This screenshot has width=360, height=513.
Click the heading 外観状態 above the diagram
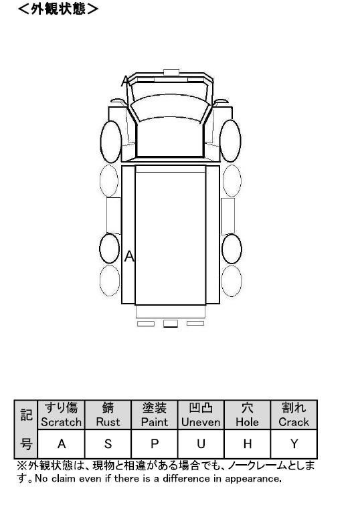tap(58, 9)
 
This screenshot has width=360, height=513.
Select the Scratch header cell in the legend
tap(61, 415)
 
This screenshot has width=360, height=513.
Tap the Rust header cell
tap(108, 415)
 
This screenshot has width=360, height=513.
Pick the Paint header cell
tap(155, 415)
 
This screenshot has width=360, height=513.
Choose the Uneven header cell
tap(201, 415)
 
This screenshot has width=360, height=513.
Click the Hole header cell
tap(248, 415)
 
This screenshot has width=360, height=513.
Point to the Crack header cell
tap(294, 415)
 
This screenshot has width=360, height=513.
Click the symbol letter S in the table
tap(108, 444)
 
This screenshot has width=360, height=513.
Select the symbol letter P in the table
tap(155, 444)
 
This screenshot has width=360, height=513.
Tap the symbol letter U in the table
tap(201, 444)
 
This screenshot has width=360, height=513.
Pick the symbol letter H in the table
tap(248, 444)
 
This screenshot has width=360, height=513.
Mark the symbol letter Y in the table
tap(294, 444)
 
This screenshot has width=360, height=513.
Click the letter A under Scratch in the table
tap(62, 444)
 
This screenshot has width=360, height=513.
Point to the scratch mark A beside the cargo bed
tap(129, 257)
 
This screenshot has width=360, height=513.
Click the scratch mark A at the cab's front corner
tap(124, 81)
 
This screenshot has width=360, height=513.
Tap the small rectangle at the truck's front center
tap(171, 72)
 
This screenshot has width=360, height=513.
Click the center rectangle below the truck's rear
tap(171, 324)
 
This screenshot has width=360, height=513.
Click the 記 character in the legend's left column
tap(26, 415)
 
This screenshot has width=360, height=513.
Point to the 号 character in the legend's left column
tap(26, 444)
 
